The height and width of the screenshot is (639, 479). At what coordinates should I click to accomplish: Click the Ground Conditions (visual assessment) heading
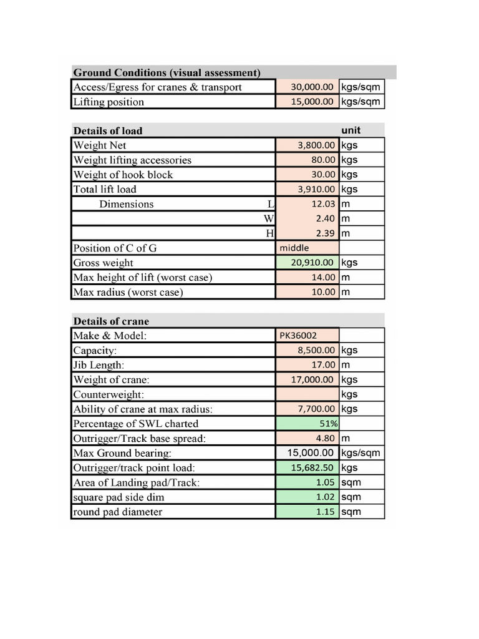167,72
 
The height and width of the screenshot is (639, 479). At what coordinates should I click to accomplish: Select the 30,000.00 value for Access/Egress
312,87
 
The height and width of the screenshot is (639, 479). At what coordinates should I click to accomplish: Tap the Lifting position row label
109,102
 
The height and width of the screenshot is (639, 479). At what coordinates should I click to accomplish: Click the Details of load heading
108,130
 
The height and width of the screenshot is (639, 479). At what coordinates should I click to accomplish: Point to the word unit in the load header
351,130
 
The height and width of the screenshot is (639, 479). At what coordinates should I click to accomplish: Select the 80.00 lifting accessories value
323,160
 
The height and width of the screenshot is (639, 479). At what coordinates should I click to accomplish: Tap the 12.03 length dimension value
323,204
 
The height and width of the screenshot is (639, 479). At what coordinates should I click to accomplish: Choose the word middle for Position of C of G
294,248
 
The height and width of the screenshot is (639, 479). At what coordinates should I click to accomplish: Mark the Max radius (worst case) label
128,292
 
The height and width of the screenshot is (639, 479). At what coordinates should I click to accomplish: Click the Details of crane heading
111,321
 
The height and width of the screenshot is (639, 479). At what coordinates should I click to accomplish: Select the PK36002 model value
298,336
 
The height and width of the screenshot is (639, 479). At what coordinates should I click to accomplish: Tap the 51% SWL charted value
328,424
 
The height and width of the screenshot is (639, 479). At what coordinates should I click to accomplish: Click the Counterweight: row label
109,394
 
